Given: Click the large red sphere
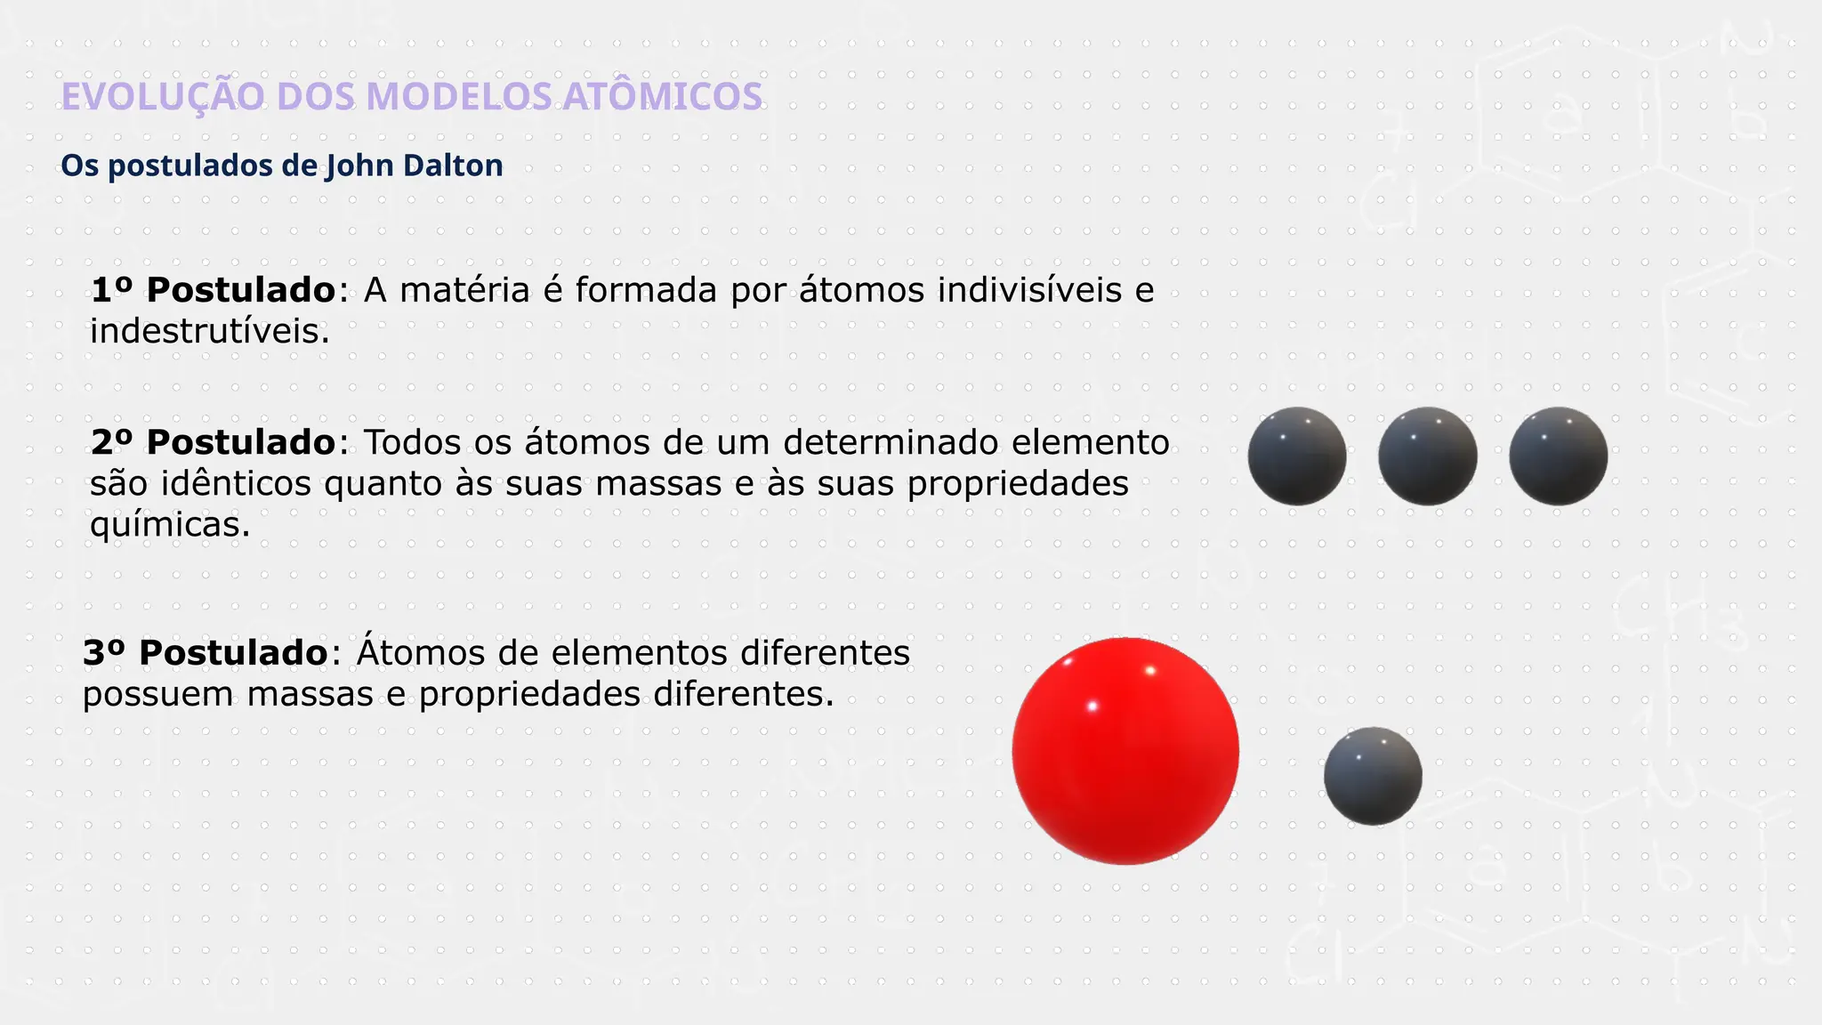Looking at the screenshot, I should tap(1125, 751).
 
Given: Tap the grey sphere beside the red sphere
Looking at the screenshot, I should tap(1373, 776).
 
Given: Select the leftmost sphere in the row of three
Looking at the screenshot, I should tap(1297, 456).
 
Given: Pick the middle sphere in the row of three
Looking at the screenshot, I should tap(1428, 456).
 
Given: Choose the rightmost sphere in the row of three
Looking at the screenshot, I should tap(1558, 456).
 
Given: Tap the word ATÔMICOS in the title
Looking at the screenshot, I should tap(663, 97).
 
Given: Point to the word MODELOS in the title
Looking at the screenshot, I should tap(459, 97).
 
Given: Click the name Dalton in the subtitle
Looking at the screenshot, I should tap(453, 165).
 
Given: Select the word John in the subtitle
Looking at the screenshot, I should tap(359, 165).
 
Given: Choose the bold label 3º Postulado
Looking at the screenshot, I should tap(206, 653).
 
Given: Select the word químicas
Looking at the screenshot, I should tap(170, 525).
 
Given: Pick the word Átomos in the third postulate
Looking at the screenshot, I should tap(421, 653).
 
